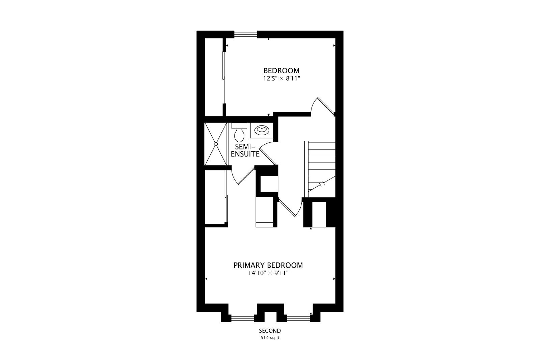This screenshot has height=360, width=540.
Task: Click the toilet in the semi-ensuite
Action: pyautogui.click(x=239, y=133)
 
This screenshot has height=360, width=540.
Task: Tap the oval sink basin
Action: pyautogui.click(x=262, y=130)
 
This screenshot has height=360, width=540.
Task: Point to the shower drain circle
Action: pyautogui.click(x=216, y=144)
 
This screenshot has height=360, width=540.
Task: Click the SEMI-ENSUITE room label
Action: pyautogui.click(x=245, y=150)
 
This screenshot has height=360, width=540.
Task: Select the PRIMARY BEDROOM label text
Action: pyautogui.click(x=268, y=265)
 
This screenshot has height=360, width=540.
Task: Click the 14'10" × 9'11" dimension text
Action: pyautogui.click(x=269, y=273)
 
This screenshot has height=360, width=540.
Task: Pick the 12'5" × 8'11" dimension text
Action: pyautogui.click(x=281, y=79)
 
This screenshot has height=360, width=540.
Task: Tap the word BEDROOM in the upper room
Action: pyautogui.click(x=281, y=71)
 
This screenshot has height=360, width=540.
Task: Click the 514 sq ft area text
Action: pyautogui.click(x=270, y=338)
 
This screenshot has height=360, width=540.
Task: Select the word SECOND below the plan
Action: pyautogui.click(x=270, y=331)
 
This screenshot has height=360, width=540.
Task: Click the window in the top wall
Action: pyautogui.click(x=246, y=34)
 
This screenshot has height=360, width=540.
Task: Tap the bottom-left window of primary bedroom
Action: pyautogui.click(x=243, y=319)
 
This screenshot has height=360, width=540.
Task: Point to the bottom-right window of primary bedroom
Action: pyautogui.click(x=298, y=319)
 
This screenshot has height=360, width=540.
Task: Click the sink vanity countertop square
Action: pyautogui.click(x=262, y=130)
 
